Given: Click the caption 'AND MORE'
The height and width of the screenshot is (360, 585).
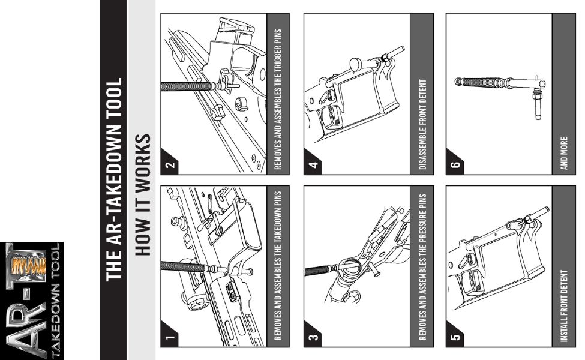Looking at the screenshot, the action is point(564,154).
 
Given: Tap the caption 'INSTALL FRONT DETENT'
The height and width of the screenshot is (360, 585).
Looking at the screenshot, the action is point(564,306).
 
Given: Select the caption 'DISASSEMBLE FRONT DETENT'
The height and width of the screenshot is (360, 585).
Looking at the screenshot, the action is point(422,124).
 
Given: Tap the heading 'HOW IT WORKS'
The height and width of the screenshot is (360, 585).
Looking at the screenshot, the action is point(143,195).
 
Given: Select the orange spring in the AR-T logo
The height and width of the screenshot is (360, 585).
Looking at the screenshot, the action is point(29,266).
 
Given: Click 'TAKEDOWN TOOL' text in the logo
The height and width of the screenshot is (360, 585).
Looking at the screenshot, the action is point(55,301).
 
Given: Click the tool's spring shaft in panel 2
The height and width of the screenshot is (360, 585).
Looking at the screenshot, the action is point(186,86).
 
